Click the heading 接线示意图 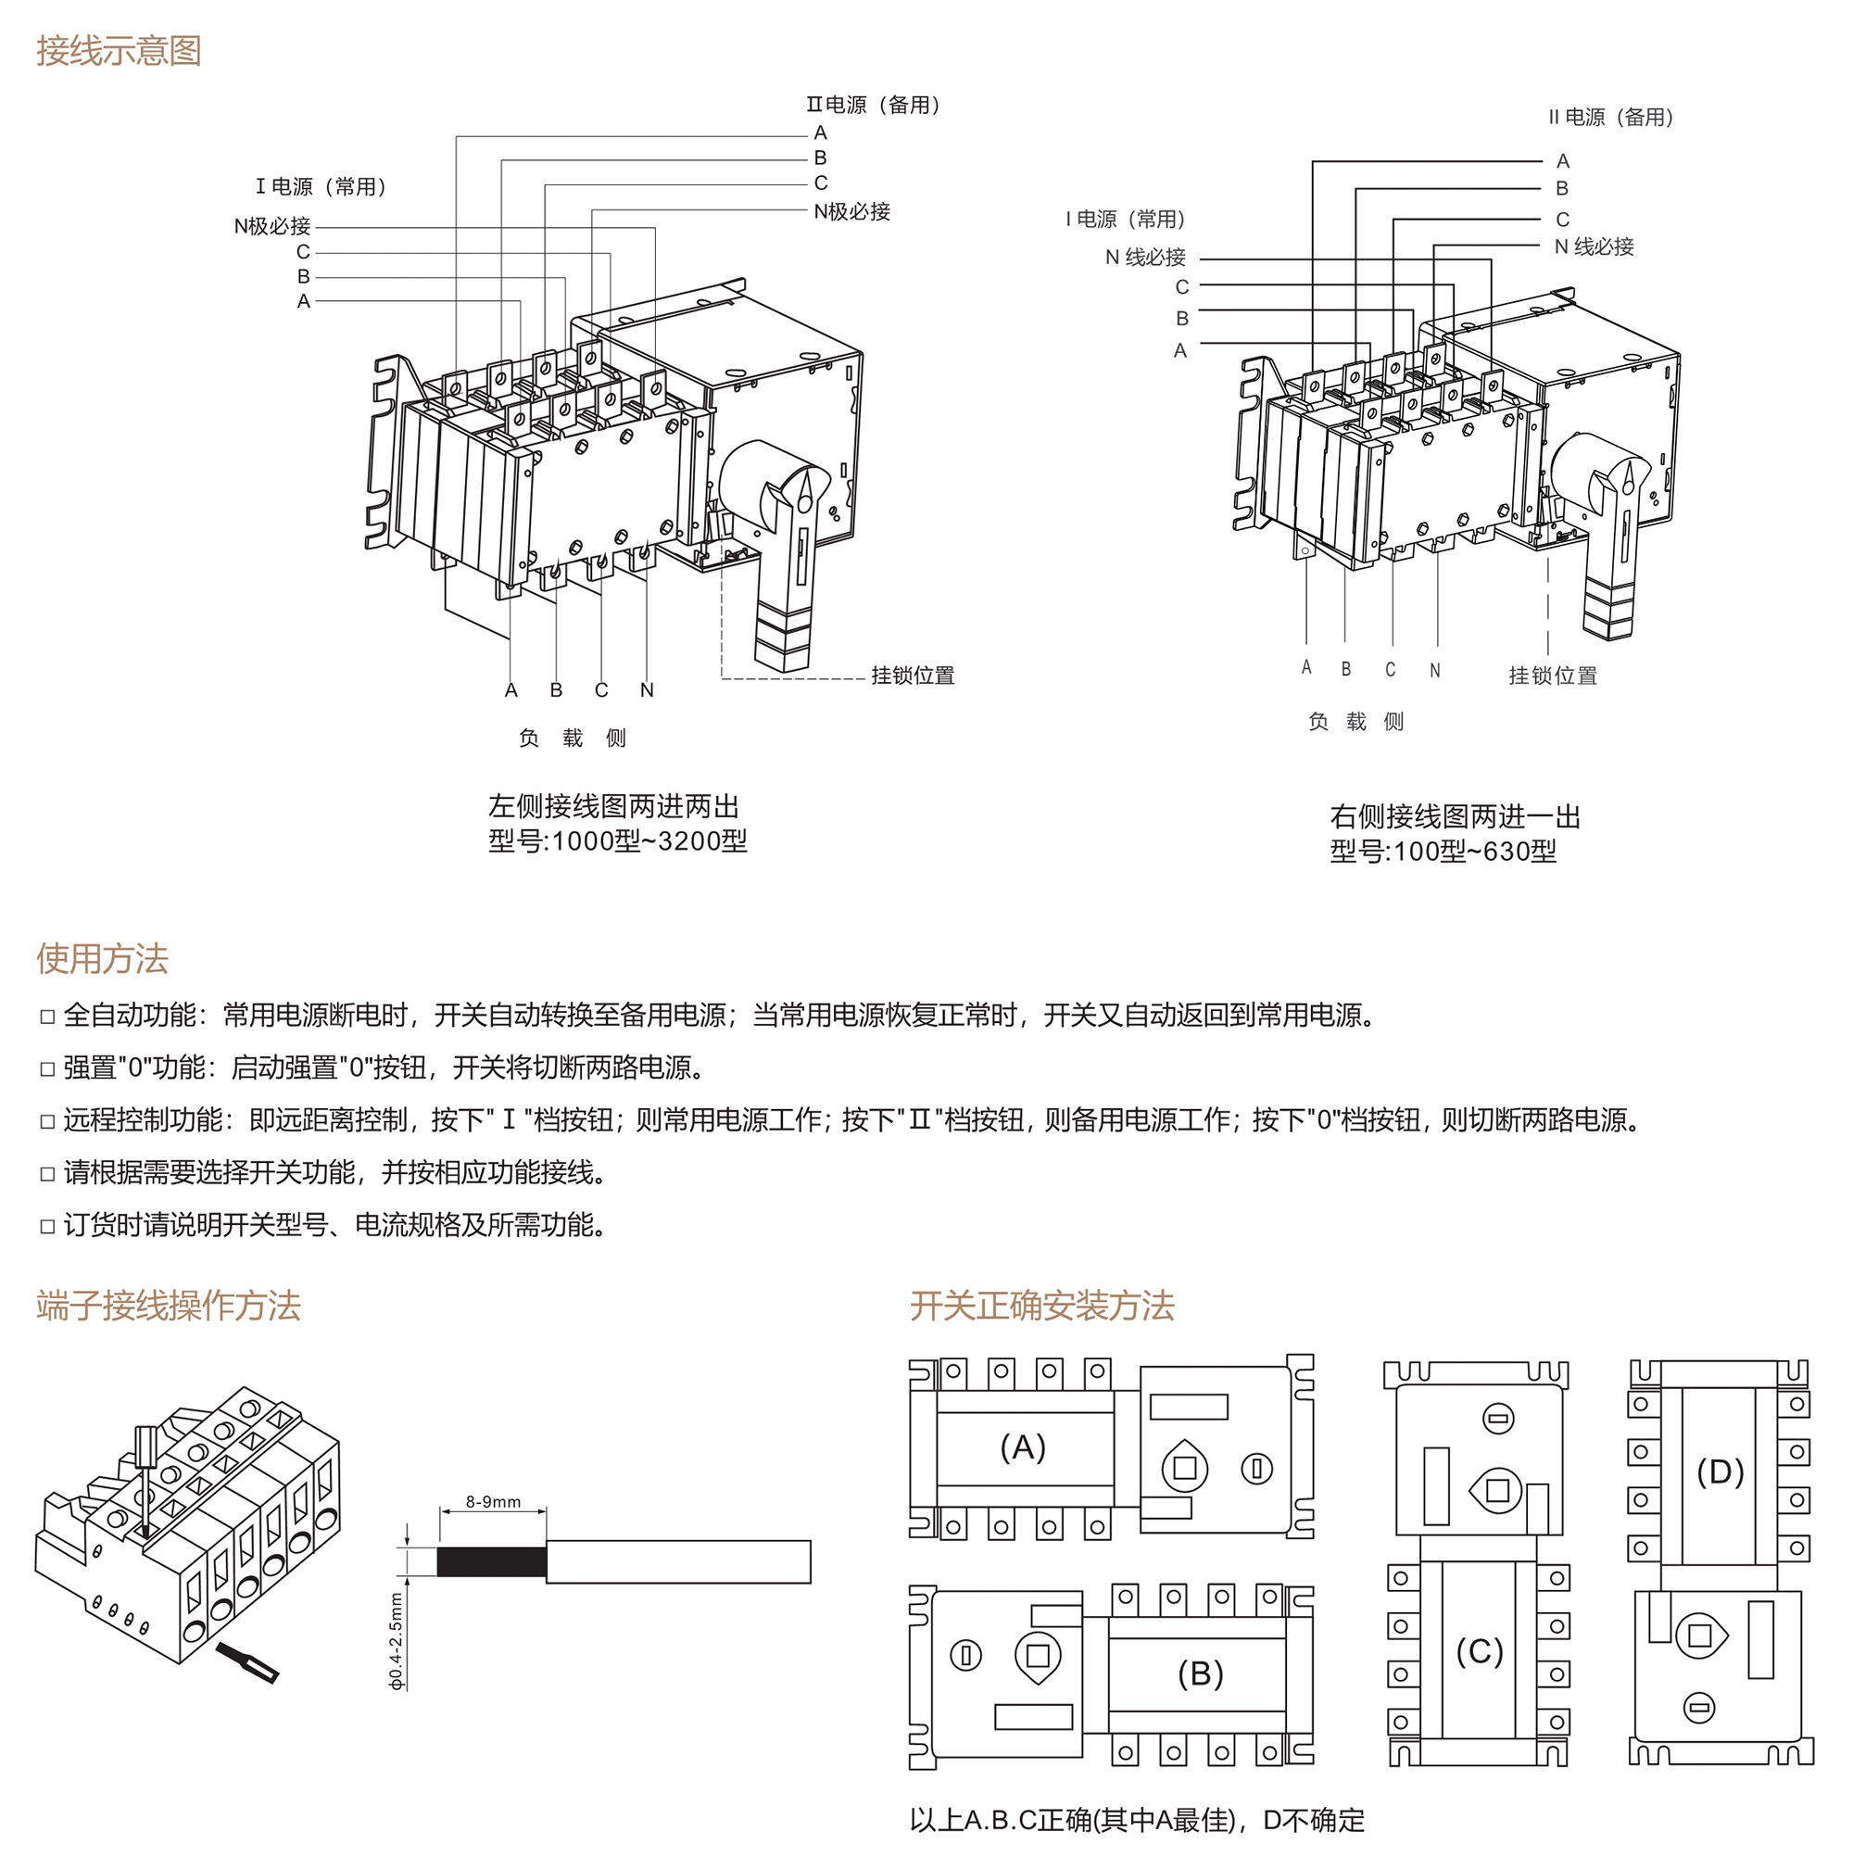119,50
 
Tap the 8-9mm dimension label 492,1501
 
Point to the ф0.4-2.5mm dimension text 395,1641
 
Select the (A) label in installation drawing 1022,1447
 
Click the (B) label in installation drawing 1200,1673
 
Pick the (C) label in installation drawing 1479,1651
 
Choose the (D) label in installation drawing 1720,1471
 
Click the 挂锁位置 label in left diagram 912,676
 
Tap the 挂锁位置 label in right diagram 1552,676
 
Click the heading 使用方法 103,959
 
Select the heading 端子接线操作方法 169,1305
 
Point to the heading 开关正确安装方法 1041,1305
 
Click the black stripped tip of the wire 491,1561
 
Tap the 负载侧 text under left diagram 572,739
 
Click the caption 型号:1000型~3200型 617,840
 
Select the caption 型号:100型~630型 1442,852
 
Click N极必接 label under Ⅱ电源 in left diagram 851,211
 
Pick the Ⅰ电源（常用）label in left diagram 321,185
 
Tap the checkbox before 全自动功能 47,1016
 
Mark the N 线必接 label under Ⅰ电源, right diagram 1145,258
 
